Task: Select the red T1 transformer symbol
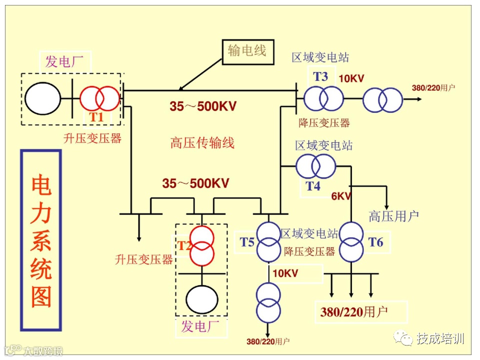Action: (x=100, y=98)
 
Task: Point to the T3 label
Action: (x=320, y=76)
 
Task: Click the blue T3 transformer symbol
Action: (x=323, y=98)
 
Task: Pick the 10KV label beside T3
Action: (x=351, y=78)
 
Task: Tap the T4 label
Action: (x=313, y=186)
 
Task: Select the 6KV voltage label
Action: (x=341, y=195)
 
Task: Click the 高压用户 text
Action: (x=393, y=216)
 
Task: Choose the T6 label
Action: (x=375, y=242)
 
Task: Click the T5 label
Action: (x=247, y=242)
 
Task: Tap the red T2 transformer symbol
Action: (x=201, y=245)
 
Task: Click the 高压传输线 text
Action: (x=202, y=143)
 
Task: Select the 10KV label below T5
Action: (x=285, y=273)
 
